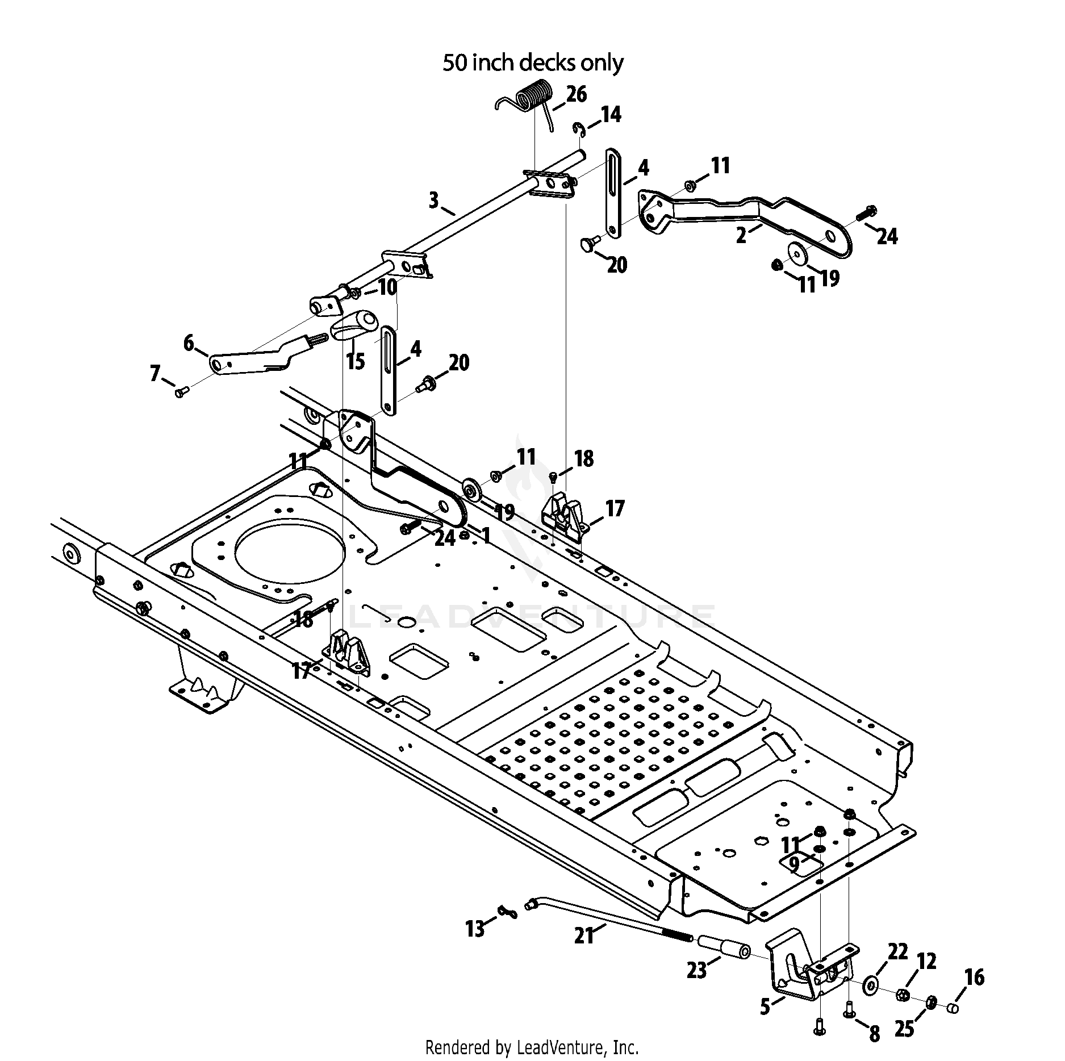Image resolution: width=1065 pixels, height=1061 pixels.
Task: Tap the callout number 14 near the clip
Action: click(611, 115)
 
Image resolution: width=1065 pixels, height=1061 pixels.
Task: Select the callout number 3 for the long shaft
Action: click(434, 200)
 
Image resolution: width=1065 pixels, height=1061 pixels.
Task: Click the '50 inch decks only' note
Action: click(533, 62)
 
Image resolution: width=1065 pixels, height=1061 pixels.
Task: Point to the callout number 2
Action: click(741, 235)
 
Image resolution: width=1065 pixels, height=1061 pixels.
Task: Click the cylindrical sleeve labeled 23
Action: click(722, 954)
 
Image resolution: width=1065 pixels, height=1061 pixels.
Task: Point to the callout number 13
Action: click(475, 929)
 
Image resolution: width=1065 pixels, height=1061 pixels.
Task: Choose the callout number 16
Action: click(974, 977)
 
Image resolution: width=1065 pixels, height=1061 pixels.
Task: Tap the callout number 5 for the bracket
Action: click(765, 1007)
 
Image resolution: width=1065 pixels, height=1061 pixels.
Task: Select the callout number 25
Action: click(904, 1029)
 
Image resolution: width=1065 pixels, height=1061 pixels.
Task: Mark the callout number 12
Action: click(926, 961)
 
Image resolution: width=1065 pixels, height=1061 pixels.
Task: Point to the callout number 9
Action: click(794, 864)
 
